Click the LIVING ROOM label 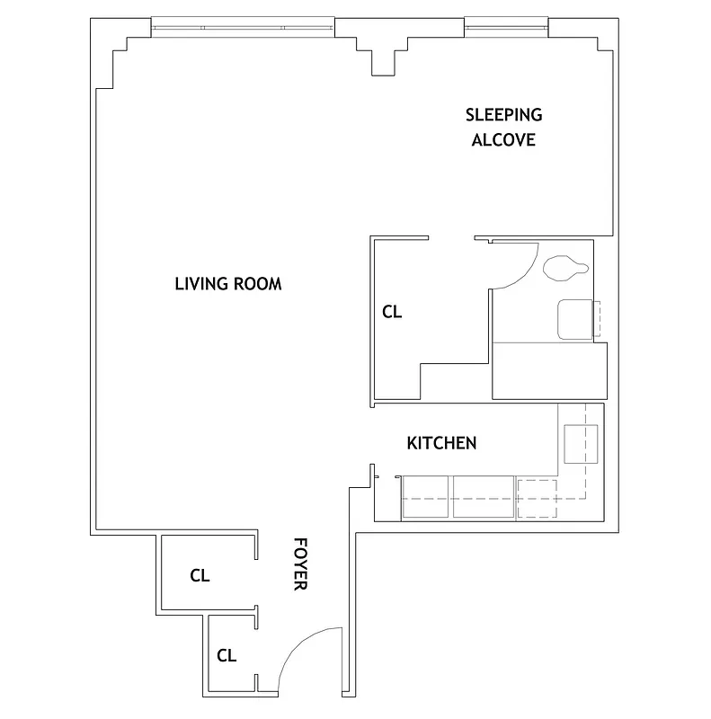pyautogui.click(x=227, y=284)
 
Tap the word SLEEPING pyautogui.click(x=503, y=114)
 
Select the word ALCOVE pyautogui.click(x=503, y=140)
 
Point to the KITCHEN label pyautogui.click(x=441, y=443)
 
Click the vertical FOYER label pyautogui.click(x=300, y=564)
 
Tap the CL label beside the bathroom pyautogui.click(x=392, y=313)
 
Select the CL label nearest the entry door pyautogui.click(x=227, y=655)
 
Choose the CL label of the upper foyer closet pyautogui.click(x=200, y=576)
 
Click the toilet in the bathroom pyautogui.click(x=564, y=268)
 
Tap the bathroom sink pyautogui.click(x=575, y=320)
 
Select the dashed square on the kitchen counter pyautogui.click(x=538, y=499)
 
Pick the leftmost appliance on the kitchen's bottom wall pyautogui.click(x=426, y=498)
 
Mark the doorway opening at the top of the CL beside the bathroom pyautogui.click(x=451, y=239)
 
